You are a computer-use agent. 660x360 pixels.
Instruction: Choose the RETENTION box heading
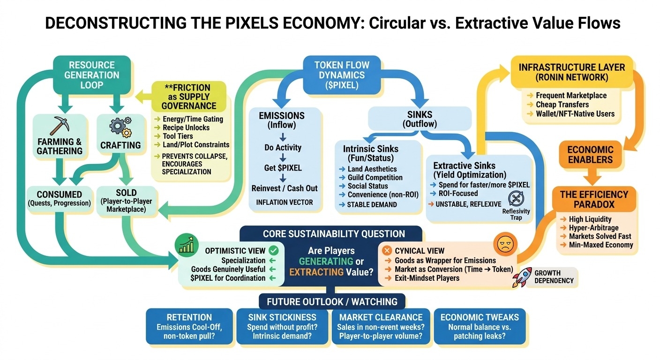[189, 317]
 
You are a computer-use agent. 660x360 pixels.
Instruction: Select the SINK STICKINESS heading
[282, 317]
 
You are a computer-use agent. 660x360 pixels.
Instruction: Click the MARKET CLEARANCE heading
[381, 317]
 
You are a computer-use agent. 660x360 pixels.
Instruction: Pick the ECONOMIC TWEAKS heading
[479, 317]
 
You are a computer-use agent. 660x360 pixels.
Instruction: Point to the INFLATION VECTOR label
[285, 202]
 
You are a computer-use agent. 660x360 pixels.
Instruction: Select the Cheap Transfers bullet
[562, 105]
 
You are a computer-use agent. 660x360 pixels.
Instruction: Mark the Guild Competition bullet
[375, 178]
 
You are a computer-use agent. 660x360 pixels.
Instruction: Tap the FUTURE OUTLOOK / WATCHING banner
[332, 301]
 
